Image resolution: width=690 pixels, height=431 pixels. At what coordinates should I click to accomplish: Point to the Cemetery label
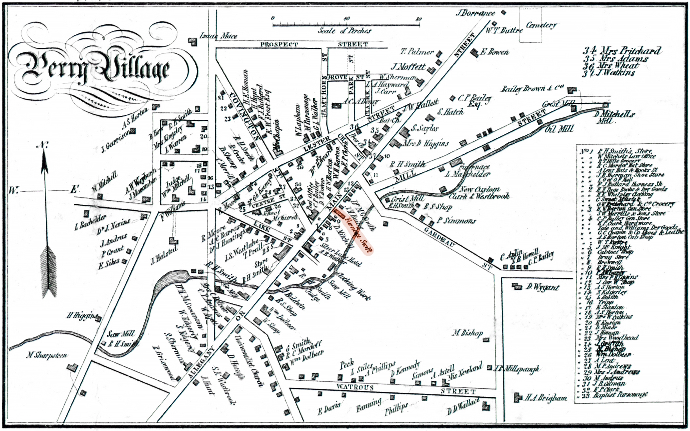click(x=541, y=25)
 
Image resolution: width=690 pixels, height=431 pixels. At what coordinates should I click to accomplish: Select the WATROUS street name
click(x=355, y=387)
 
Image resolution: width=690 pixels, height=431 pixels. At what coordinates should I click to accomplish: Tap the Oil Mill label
click(x=559, y=129)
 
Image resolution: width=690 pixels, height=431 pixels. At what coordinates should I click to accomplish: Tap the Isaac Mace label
click(x=218, y=36)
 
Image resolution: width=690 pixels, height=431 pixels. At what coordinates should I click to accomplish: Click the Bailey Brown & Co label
click(x=533, y=89)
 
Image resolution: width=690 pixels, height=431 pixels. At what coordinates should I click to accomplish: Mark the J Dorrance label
click(x=475, y=13)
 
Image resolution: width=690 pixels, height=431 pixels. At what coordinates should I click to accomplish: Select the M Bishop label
click(x=468, y=333)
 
